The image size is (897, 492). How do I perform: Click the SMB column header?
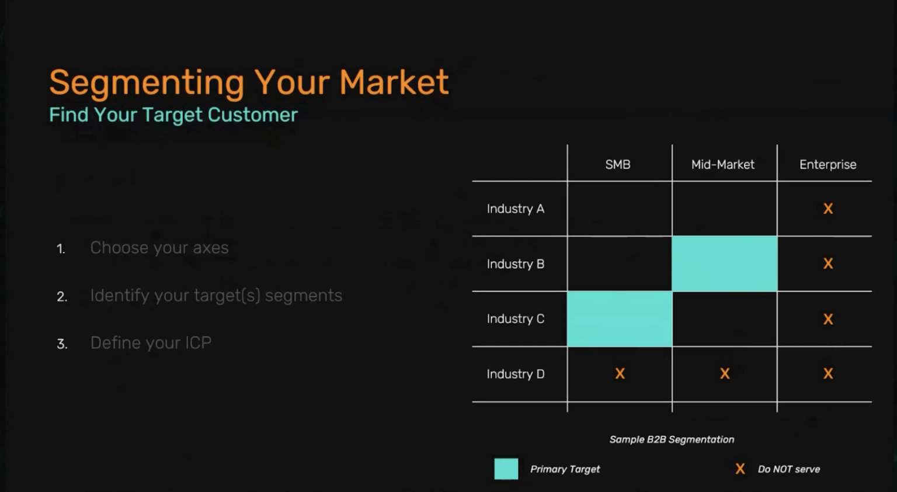pos(617,165)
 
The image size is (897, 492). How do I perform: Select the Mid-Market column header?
pos(722,165)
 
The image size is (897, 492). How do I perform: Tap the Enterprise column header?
pos(828,165)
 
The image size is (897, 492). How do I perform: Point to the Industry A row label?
pos(515,209)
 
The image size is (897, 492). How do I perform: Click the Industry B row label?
pos(515,264)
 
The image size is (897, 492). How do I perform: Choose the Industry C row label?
pos(515,319)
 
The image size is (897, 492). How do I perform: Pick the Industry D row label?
pos(515,374)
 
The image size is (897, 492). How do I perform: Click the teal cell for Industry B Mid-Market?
pos(724,264)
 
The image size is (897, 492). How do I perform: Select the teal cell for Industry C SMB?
pos(620,319)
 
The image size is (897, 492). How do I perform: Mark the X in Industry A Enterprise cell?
pos(828,209)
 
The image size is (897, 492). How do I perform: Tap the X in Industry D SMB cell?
pos(620,373)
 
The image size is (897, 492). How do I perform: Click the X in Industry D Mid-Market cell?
pos(725,373)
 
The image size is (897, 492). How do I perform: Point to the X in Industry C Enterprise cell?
pos(828,319)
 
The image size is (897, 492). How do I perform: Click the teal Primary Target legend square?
pos(506,469)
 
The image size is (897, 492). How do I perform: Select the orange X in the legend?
pos(740,469)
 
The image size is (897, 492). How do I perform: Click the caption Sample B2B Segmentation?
pos(672,439)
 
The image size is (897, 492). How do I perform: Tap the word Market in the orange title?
pos(394,82)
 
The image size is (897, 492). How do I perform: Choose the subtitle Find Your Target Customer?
pos(173,115)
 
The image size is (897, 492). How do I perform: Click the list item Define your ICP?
pos(151,343)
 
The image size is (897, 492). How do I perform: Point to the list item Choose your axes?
pos(159,248)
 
